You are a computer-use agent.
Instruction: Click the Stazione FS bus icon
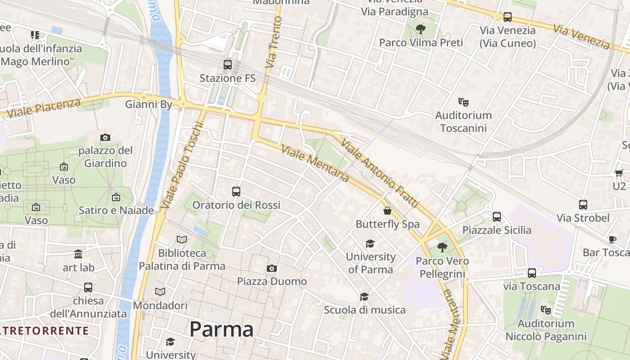(228, 65)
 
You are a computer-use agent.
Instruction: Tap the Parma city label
(221, 329)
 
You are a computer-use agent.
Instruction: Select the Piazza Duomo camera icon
(271, 269)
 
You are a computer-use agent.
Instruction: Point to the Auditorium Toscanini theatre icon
(463, 102)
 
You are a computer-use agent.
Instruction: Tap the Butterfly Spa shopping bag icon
(387, 211)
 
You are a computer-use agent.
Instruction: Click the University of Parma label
(370, 263)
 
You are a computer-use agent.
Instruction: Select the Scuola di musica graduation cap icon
(364, 297)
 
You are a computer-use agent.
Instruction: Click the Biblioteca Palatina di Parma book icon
(182, 240)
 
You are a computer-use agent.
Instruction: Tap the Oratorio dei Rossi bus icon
(236, 192)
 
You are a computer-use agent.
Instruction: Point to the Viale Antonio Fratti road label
(381, 174)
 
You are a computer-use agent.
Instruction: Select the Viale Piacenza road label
(44, 108)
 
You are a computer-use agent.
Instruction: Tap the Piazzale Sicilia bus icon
(497, 217)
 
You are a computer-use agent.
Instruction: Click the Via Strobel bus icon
(583, 205)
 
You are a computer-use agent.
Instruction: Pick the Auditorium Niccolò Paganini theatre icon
(546, 310)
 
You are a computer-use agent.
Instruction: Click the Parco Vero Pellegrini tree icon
(442, 247)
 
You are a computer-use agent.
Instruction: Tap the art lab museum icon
(78, 254)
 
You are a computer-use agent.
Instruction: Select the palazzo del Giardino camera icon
(105, 138)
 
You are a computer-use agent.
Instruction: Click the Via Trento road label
(274, 43)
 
